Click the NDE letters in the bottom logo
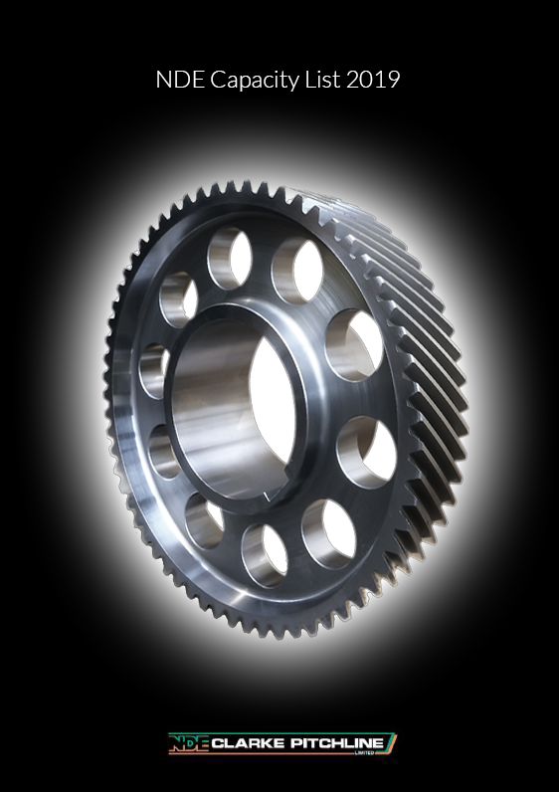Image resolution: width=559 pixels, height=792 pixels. tap(189, 743)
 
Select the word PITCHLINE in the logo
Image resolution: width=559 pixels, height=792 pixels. tap(337, 743)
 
